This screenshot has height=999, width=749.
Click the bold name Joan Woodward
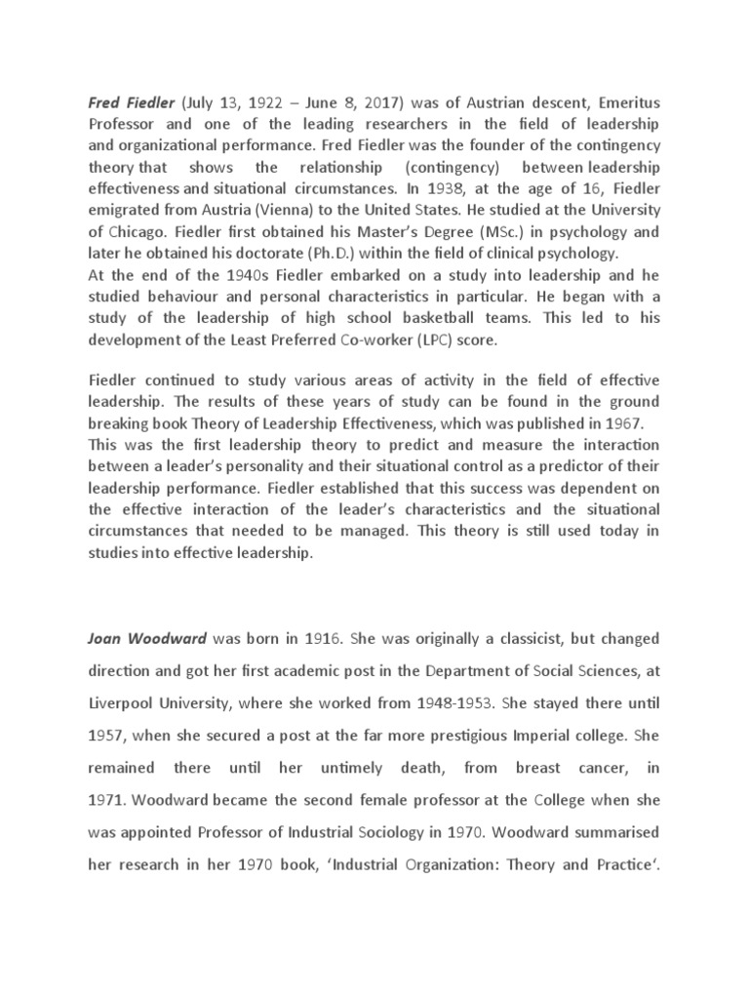click(147, 639)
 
